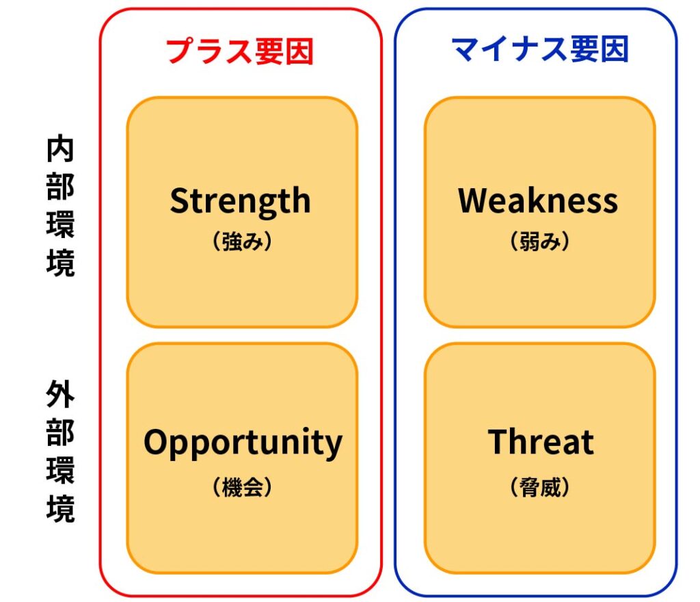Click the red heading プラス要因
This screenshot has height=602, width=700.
(x=240, y=51)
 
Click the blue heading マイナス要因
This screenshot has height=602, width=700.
(x=541, y=49)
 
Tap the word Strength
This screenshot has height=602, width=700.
(x=240, y=202)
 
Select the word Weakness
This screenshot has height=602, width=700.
(x=539, y=200)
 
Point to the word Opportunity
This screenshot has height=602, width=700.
(x=243, y=443)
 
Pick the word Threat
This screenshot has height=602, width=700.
(x=541, y=442)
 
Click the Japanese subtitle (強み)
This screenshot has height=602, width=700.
(x=241, y=241)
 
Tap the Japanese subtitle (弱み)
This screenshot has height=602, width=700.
(x=539, y=241)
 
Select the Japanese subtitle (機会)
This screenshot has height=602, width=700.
(x=241, y=487)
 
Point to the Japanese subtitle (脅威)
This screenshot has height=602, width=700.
(x=539, y=487)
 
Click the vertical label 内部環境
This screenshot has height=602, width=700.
(x=60, y=206)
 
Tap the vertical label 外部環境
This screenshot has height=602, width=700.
(x=60, y=451)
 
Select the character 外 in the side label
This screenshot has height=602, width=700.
(x=60, y=394)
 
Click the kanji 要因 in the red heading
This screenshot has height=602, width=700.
(x=284, y=51)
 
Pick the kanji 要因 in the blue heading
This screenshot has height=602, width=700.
(x=600, y=49)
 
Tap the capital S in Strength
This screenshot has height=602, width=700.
(x=180, y=200)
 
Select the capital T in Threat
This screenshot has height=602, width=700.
(x=499, y=442)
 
